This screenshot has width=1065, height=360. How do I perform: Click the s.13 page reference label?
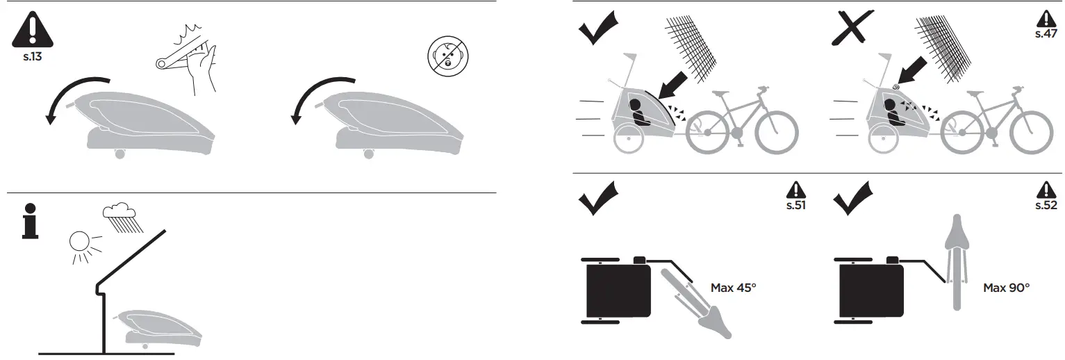(x=33, y=56)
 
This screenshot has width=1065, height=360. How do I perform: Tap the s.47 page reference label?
(x=1045, y=33)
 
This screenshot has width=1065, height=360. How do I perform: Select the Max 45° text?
(x=733, y=287)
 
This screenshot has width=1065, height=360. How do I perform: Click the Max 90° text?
(x=1007, y=287)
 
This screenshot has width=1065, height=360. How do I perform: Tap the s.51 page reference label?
(x=795, y=205)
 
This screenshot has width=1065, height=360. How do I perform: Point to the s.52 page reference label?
(x=1046, y=205)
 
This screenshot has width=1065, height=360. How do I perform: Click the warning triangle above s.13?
(x=32, y=30)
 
